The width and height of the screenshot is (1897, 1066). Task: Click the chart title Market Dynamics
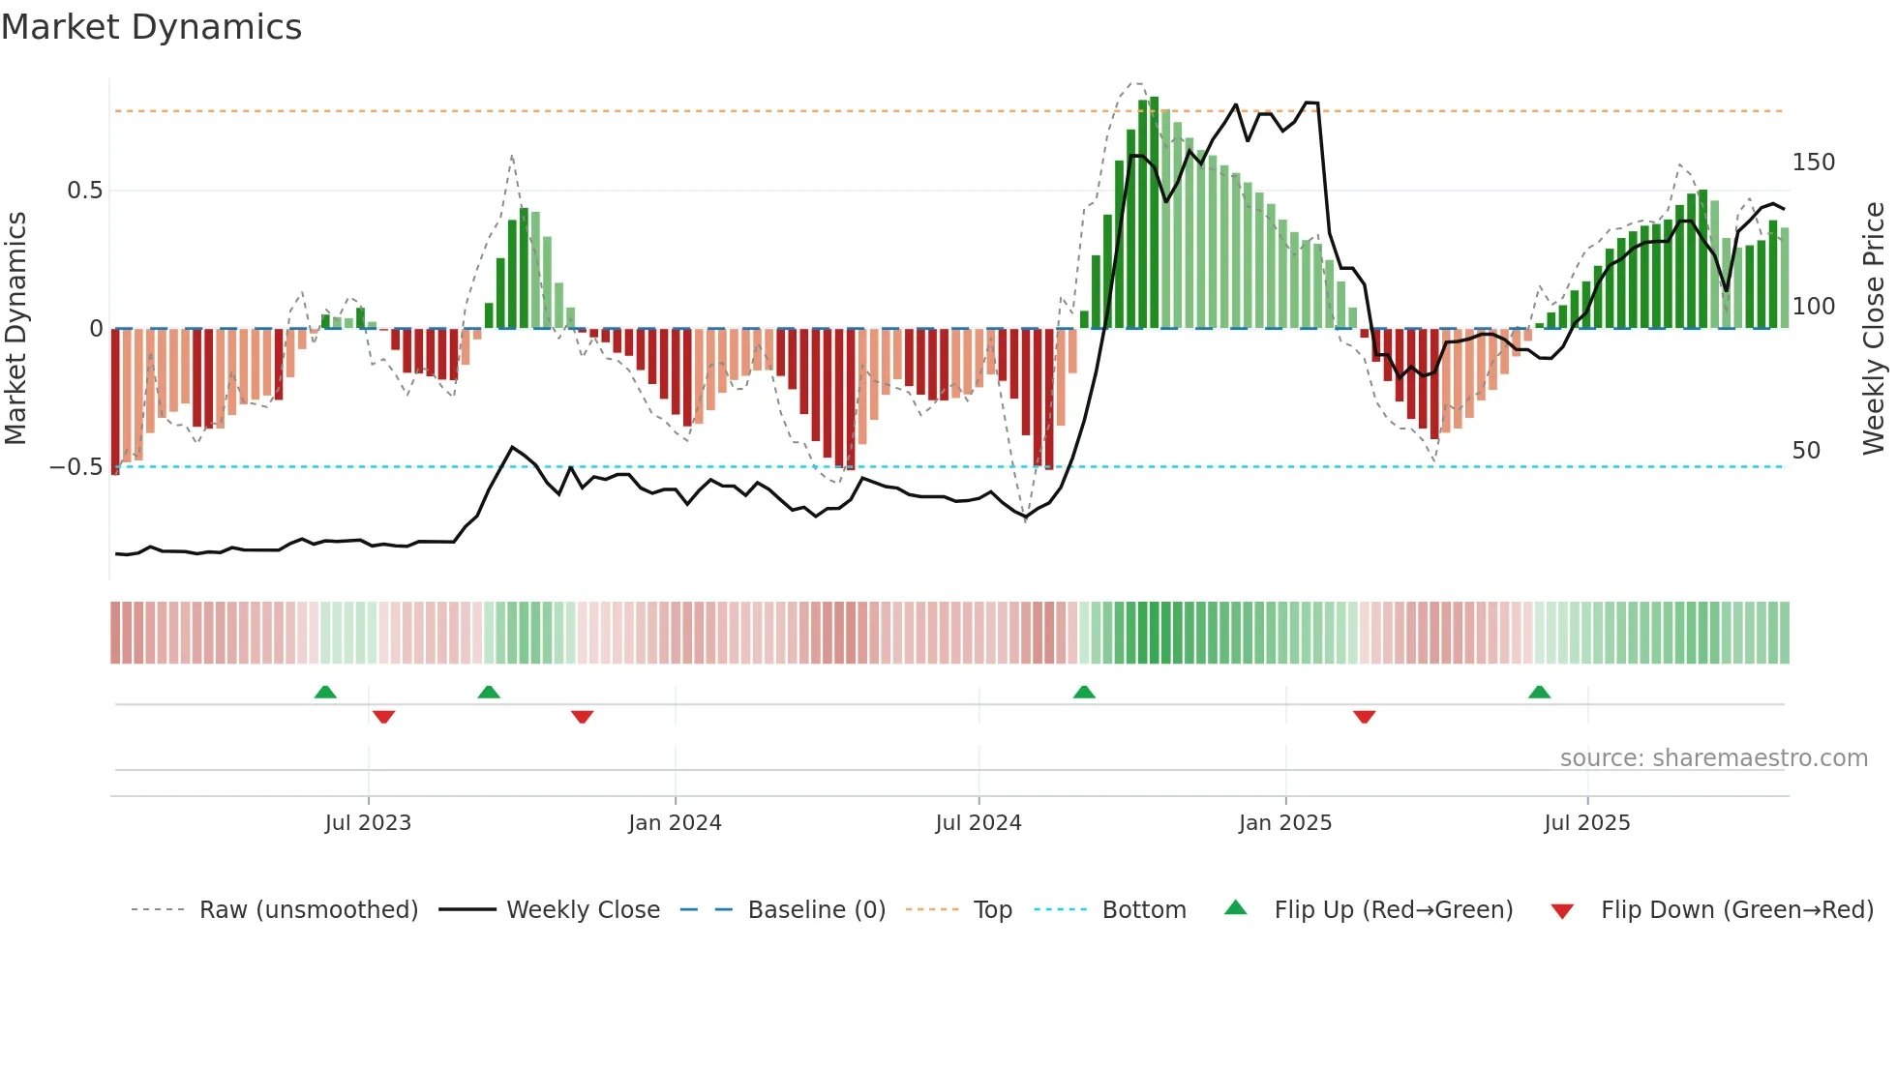(151, 27)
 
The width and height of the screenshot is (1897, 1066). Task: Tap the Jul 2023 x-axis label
(368, 823)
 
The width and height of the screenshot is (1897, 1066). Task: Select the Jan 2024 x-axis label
(675, 823)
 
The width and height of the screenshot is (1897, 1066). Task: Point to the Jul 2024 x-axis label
(978, 823)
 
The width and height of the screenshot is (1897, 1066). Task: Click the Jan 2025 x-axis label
(1284, 823)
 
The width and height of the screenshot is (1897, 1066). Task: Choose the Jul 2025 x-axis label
(1586, 823)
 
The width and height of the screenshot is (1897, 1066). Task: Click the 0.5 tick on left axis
(84, 191)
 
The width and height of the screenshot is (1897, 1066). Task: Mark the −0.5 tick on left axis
(75, 467)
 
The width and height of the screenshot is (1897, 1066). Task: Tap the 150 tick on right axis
(1813, 163)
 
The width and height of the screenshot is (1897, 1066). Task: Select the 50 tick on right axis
(1806, 451)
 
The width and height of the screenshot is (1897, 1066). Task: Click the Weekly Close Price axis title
(1874, 329)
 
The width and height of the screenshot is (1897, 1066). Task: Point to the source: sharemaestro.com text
(1713, 758)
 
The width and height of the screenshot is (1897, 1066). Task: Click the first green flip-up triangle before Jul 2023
(325, 693)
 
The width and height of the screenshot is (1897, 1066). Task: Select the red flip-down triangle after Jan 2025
(1364, 717)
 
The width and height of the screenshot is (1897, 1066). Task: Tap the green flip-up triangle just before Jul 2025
(1539, 693)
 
